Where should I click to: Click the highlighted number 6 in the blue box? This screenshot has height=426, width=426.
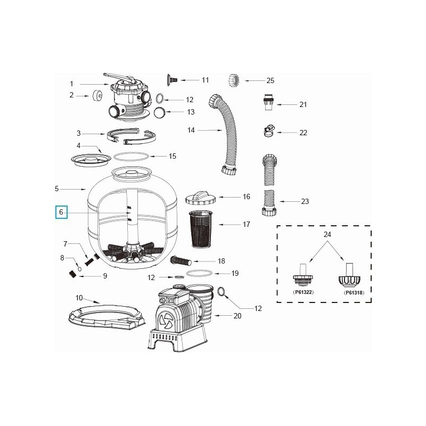pyautogui.click(x=61, y=212)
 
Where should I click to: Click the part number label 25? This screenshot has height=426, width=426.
pyautogui.click(x=270, y=80)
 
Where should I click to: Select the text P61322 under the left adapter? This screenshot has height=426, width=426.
pyautogui.click(x=303, y=292)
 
